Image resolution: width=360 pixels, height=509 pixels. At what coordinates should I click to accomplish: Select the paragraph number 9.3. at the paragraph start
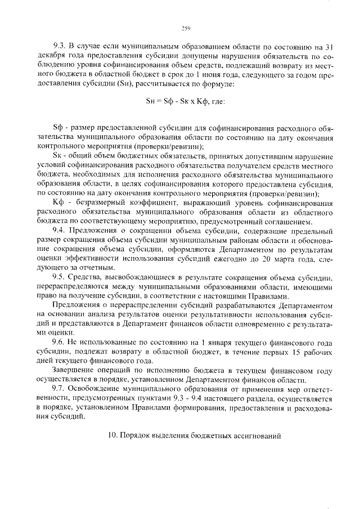pyautogui.click(x=60, y=47)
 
